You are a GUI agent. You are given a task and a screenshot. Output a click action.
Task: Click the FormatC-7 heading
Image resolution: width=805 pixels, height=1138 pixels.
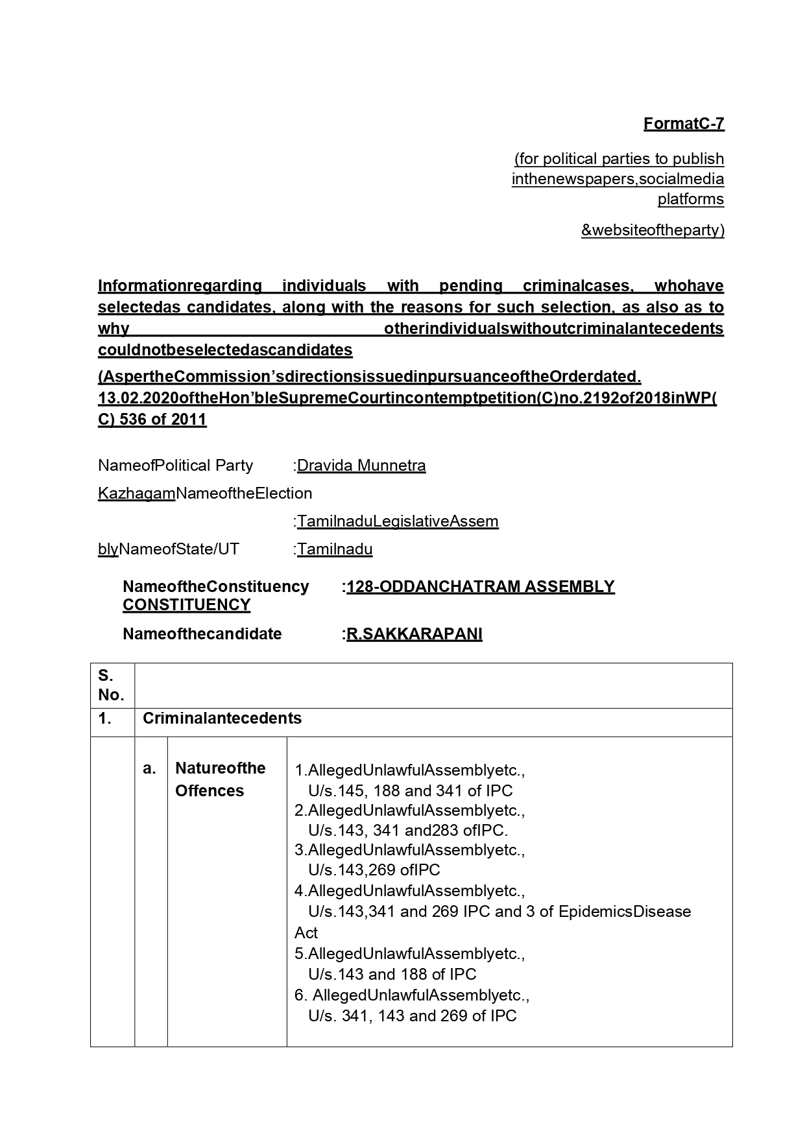683,123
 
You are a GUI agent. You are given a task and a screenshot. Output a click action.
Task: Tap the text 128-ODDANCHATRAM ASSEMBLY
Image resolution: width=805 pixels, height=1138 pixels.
480,586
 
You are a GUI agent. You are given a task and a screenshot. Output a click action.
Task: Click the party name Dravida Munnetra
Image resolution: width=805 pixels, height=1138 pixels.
361,466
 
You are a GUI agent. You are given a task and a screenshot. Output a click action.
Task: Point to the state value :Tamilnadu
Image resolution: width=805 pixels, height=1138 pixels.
333,549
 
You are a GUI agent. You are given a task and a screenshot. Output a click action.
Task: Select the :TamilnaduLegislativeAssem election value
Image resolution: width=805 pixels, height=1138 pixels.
396,521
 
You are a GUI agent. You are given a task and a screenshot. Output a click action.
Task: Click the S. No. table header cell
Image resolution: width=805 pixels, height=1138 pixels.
112,685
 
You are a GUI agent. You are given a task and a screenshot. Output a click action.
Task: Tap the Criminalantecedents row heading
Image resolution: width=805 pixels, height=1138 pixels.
222,718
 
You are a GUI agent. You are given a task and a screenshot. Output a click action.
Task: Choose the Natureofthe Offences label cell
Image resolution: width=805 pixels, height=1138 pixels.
221,779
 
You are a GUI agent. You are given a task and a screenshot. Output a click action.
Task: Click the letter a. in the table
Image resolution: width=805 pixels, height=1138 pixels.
150,768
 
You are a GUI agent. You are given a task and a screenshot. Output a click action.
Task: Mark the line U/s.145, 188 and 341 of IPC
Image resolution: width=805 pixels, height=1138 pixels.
410,790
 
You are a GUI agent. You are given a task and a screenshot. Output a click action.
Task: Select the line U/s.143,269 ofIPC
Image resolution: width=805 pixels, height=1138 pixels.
374,870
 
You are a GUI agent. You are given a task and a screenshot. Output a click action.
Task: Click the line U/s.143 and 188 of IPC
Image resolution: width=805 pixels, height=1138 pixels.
392,974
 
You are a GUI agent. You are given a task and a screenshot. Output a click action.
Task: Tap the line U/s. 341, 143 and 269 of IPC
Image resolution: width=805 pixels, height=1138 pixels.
412,1015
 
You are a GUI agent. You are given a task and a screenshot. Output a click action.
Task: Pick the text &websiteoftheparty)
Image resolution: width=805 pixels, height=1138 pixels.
652,230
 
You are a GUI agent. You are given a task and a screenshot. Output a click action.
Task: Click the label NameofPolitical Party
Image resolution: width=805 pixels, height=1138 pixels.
175,466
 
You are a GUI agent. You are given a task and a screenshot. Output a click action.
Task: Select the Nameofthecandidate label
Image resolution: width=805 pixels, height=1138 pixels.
202,634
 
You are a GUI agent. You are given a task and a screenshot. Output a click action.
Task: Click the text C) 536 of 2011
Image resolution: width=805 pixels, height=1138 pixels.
152,419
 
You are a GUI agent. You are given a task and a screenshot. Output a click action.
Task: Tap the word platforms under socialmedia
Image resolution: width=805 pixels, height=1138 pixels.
690,198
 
